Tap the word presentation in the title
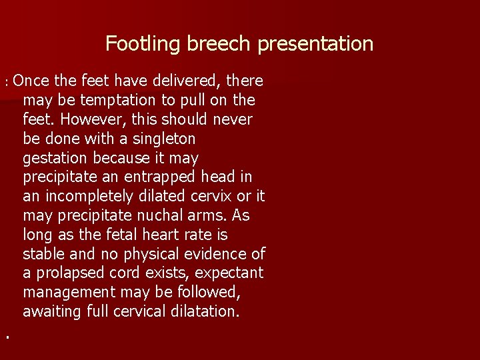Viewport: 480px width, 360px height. tap(315, 45)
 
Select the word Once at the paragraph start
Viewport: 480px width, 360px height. tap(31, 81)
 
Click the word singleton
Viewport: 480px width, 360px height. tap(163, 139)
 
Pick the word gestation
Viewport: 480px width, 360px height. tap(55, 159)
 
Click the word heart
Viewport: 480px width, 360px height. tap(161, 235)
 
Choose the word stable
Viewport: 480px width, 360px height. tap(43, 255)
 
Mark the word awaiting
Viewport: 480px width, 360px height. tap(52, 312)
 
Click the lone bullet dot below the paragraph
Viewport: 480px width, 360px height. tap(7, 338)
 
